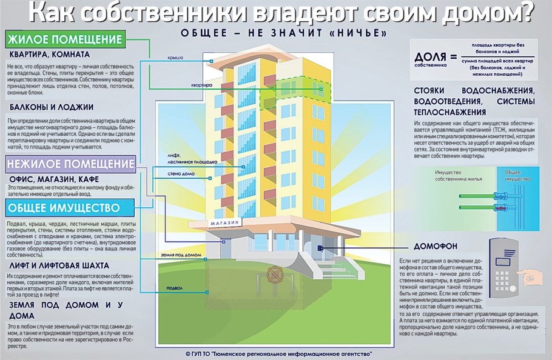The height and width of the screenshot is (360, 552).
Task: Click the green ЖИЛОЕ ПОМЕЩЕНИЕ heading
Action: point(65,41)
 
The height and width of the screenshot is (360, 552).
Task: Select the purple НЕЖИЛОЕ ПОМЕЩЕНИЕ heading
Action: point(70,164)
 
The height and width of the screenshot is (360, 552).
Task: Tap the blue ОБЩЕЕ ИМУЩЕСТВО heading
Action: point(64,208)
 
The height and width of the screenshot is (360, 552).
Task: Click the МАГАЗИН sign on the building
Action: point(225,223)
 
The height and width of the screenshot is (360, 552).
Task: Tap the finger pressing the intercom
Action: point(534,278)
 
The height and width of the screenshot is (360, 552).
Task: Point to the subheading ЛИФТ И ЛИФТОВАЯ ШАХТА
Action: point(58,265)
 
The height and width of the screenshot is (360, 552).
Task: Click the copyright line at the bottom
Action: point(278,353)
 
